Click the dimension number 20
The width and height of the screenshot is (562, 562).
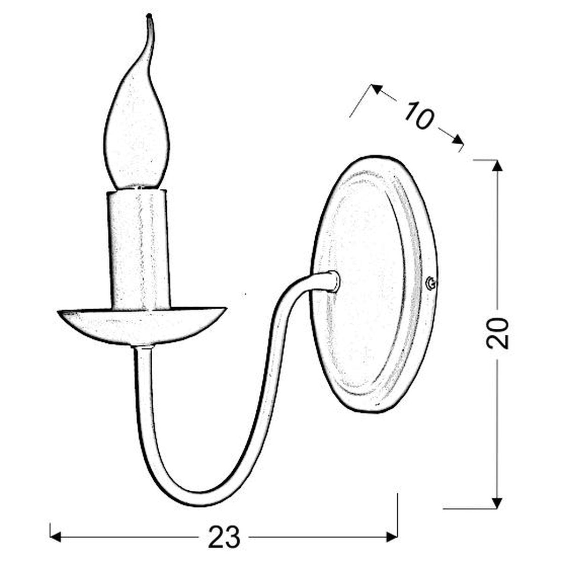point(497,333)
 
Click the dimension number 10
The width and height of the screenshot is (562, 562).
point(419,116)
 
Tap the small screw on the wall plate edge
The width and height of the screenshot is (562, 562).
point(431,283)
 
